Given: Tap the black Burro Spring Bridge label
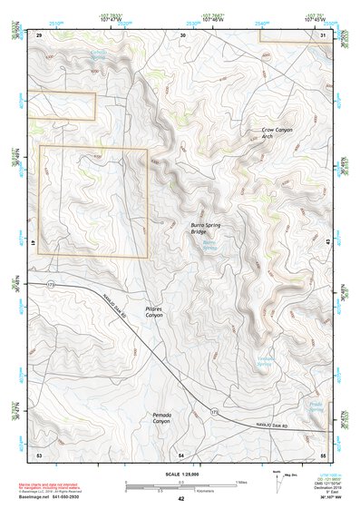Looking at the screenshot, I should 205,228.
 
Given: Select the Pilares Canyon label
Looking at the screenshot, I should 154,311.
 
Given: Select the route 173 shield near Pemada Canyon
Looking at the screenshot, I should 215,413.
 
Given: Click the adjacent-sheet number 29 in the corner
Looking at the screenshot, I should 39,34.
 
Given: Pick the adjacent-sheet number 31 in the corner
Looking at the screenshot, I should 323,34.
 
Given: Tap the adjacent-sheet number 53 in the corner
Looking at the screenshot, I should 39,454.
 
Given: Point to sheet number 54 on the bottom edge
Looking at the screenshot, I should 181,454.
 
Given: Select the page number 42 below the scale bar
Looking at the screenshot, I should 181,499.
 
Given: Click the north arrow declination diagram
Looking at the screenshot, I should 278,480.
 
